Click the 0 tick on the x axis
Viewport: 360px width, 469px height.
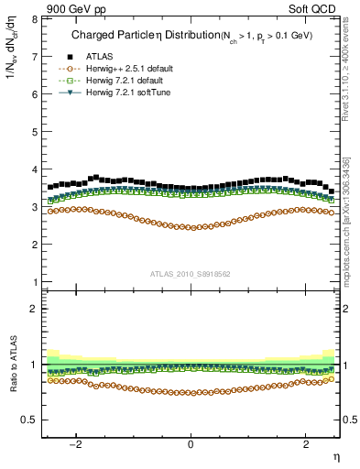(x=191, y=444)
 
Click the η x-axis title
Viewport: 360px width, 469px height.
(x=335, y=457)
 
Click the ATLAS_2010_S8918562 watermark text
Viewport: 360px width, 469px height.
(x=191, y=273)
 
